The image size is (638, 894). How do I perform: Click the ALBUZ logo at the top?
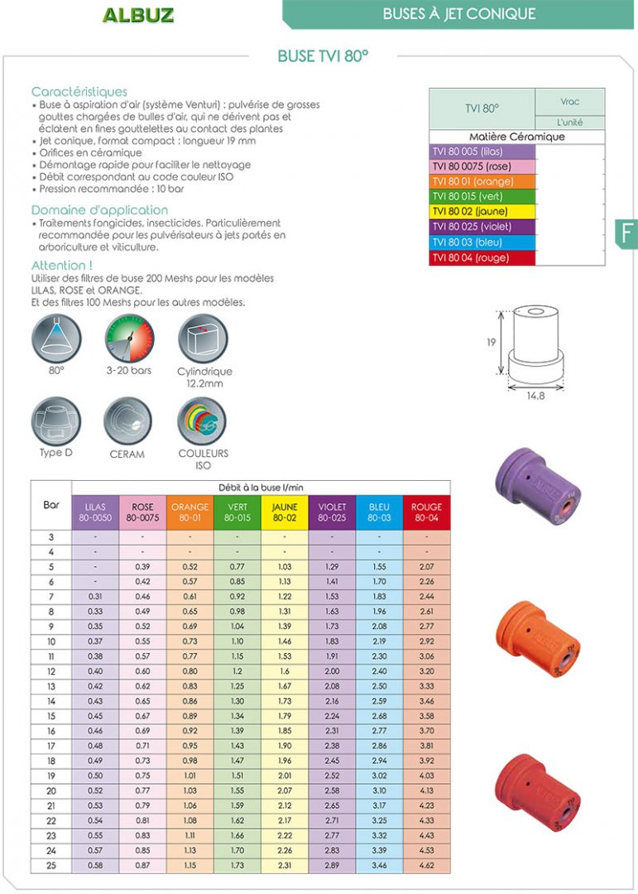click(x=137, y=15)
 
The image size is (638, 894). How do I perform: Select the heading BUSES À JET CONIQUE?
click(x=458, y=14)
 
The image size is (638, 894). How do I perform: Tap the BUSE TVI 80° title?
click(x=323, y=56)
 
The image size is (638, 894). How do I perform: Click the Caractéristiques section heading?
click(x=79, y=92)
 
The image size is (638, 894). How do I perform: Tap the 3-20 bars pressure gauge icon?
click(x=129, y=339)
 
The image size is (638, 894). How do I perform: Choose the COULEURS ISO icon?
click(x=203, y=421)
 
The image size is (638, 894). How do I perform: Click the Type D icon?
click(x=56, y=421)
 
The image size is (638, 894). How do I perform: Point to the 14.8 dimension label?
click(x=535, y=397)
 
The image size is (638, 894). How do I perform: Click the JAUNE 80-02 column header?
click(x=285, y=512)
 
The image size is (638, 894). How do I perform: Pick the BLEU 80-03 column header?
click(x=380, y=512)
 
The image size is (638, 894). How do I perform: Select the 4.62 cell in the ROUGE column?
click(x=426, y=865)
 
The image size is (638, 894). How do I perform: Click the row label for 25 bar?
click(x=51, y=865)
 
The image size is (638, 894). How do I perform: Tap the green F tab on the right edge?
click(x=626, y=233)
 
